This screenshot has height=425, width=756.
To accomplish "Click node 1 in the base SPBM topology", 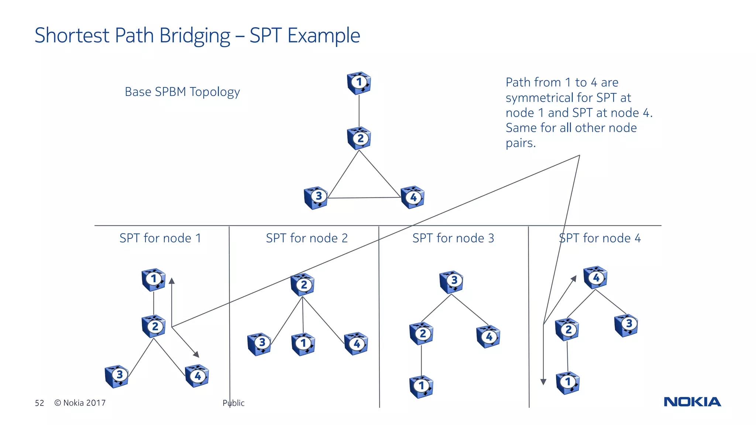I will point(359,83).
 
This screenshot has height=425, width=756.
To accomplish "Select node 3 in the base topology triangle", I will point(316,197).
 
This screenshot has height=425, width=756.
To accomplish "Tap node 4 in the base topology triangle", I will point(412,197).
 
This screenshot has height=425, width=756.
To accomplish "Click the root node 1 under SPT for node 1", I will point(154,279).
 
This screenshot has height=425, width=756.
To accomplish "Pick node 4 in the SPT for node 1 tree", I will point(197,376).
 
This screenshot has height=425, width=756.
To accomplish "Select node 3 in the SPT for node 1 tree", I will point(117,376).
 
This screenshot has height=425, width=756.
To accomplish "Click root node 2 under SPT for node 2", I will point(302,285).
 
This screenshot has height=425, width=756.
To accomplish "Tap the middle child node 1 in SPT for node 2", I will point(303,344).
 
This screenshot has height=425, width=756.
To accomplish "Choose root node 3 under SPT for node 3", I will point(451,281).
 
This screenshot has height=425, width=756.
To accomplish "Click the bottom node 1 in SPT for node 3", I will point(421,386).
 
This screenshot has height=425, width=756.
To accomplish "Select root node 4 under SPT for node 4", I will point(595,277).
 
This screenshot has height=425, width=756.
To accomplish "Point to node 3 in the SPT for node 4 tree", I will point(626,325).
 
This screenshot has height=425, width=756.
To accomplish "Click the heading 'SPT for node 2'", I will point(307,238).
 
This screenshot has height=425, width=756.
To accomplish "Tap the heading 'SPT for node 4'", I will point(600,238).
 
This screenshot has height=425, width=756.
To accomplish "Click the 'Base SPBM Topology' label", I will point(182,92).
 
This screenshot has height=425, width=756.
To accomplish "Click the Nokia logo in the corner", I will point(692,402).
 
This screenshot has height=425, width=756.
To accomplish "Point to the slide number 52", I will point(39,403).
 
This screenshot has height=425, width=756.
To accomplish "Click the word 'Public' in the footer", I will point(233,403).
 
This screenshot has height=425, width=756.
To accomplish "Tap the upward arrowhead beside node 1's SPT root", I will point(172,281).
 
